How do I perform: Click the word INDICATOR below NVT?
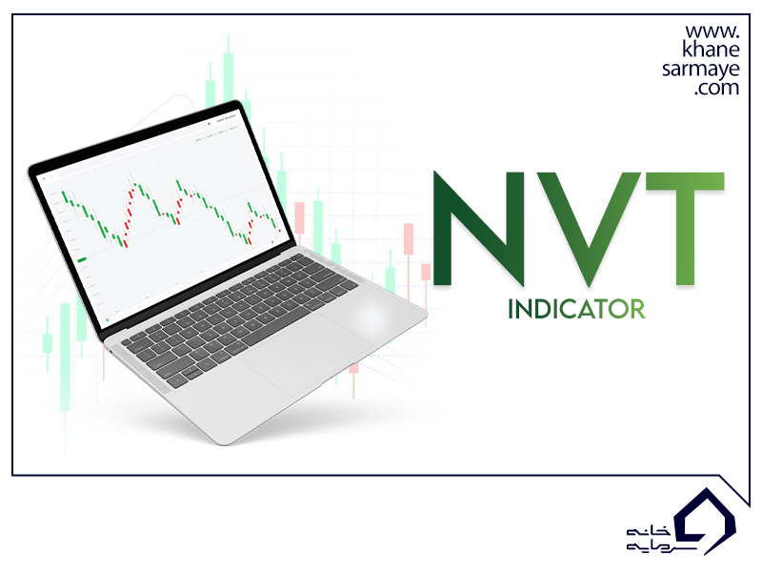[577, 309]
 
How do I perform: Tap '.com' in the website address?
[716, 89]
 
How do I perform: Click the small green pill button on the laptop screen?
[83, 259]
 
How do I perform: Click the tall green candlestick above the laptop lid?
[228, 71]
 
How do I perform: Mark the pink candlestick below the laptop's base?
[354, 366]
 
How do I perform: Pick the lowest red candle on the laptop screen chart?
[124, 242]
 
